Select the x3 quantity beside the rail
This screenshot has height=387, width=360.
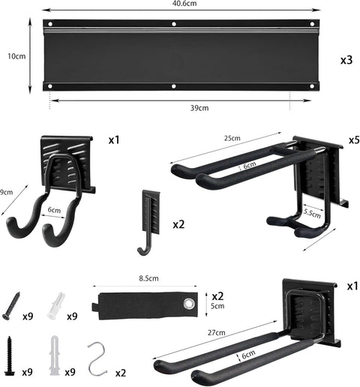pos(346,60)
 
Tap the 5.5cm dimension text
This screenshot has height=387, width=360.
pos(312,214)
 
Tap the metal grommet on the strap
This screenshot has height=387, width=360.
pos(189,304)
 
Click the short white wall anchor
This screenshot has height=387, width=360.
pos(55,305)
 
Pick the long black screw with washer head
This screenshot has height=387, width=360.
pos(10,355)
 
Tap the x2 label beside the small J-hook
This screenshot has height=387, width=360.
pos(178,224)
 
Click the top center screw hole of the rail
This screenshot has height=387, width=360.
pos(174,25)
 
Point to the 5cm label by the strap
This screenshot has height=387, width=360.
pos(217,306)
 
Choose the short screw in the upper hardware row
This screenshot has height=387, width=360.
pos(13,305)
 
